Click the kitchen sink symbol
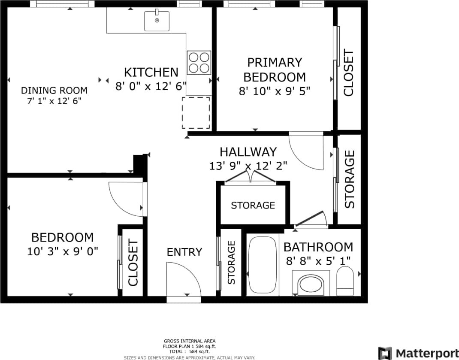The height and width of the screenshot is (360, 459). click(x=157, y=21)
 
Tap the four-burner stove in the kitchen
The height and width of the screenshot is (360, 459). click(x=199, y=63)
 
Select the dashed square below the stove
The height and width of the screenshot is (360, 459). click(x=196, y=113)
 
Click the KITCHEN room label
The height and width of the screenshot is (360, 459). click(x=151, y=72)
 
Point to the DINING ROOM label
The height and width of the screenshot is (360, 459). click(x=54, y=91)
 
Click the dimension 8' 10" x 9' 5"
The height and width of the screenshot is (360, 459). click(x=275, y=91)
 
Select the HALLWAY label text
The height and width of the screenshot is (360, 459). click(x=248, y=152)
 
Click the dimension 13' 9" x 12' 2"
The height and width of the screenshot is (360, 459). click(x=248, y=166)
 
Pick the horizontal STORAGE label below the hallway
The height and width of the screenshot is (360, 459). click(x=253, y=206)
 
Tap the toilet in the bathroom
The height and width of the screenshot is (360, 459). click(x=345, y=281)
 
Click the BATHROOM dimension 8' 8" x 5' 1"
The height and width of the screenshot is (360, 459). click(x=318, y=260)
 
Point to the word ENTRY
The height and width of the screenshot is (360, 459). click(x=184, y=252)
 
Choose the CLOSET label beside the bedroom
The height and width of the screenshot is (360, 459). click(x=133, y=263)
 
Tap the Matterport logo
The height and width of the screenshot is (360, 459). click(x=418, y=353)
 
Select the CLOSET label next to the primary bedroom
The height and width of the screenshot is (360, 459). click(x=348, y=73)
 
